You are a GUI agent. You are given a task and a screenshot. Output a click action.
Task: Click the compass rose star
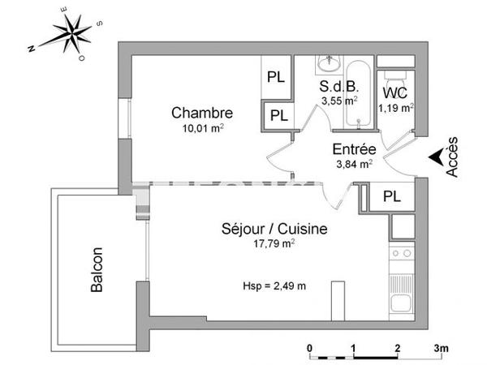point(72,34)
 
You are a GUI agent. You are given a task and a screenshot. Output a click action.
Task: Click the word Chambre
point(202,113)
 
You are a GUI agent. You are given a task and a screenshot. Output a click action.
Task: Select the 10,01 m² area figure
point(203,127)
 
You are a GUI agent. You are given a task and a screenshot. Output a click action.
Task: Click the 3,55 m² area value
point(338,101)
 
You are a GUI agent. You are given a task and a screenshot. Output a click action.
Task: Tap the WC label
point(395,92)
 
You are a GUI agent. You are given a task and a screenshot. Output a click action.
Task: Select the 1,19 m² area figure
point(399,106)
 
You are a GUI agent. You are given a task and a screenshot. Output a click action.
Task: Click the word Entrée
point(354,149)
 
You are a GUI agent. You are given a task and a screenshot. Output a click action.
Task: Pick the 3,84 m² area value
point(354,163)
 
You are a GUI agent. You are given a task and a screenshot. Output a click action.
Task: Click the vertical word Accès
point(452,157)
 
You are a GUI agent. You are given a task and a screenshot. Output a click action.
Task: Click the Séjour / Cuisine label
point(274,230)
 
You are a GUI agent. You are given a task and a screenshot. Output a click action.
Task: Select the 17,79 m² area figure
point(274,243)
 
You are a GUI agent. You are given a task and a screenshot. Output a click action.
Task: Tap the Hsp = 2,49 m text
point(275,286)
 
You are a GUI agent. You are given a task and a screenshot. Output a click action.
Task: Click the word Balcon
point(97,270)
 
